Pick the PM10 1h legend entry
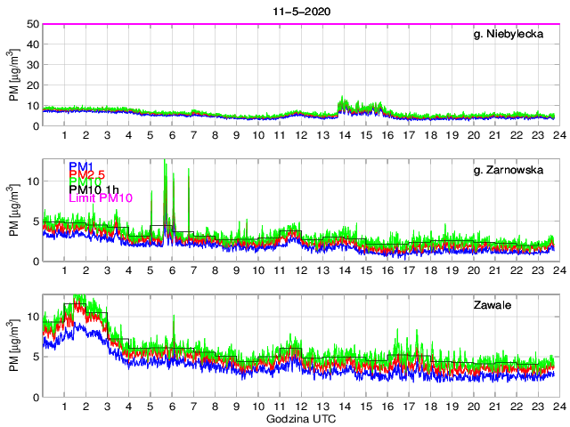[94, 188]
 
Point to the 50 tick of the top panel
[32, 24]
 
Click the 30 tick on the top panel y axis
[32, 65]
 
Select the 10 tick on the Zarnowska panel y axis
[32, 181]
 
